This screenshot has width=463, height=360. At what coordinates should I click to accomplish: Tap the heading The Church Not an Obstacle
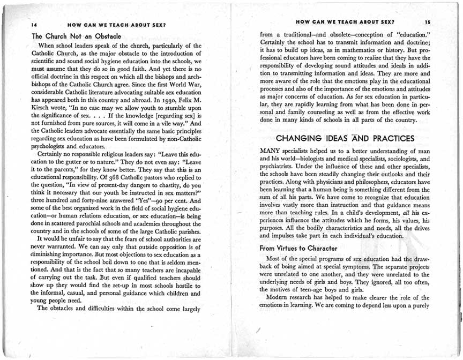coord(77,36)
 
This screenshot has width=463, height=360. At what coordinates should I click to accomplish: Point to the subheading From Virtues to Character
coord(298,248)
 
